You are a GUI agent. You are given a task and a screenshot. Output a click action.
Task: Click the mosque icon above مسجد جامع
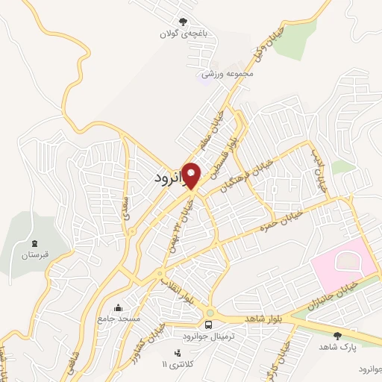(x=117, y=307)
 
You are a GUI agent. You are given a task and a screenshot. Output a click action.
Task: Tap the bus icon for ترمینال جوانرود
(x=210, y=325)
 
